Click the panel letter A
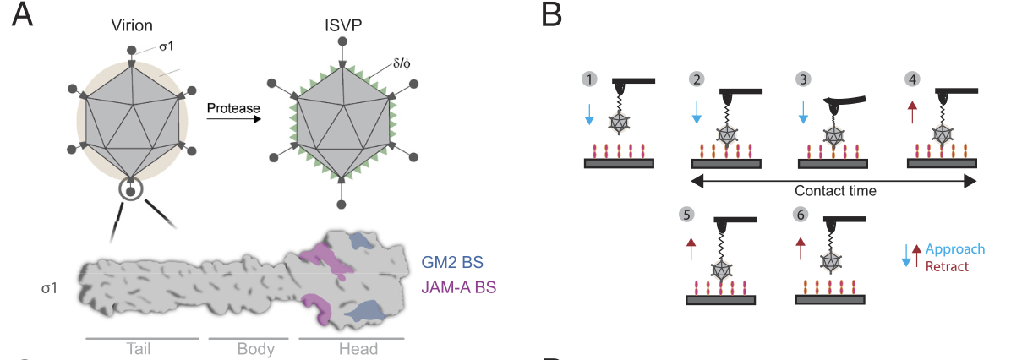(x=22, y=15)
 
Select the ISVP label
(x=341, y=25)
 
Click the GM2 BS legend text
(x=452, y=261)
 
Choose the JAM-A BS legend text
(x=458, y=287)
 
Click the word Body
(x=249, y=349)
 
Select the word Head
(x=351, y=349)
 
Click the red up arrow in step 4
(x=911, y=112)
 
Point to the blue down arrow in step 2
(x=697, y=112)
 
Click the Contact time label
(x=834, y=191)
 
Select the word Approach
(x=955, y=249)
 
